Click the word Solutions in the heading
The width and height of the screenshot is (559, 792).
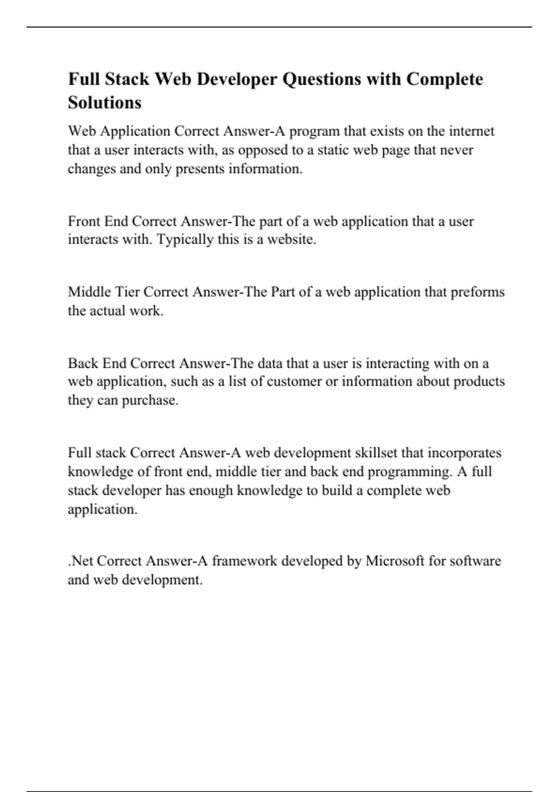(x=105, y=102)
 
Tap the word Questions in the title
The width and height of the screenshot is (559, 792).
(x=322, y=80)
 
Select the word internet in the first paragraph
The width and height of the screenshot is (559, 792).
(x=471, y=131)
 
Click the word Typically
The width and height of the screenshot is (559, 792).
(x=185, y=240)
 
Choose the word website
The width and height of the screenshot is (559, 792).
(x=292, y=240)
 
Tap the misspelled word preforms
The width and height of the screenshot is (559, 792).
(x=477, y=292)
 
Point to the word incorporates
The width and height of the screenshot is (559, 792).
(x=464, y=453)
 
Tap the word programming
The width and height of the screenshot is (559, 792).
(x=409, y=472)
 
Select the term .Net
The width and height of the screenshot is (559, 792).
(x=81, y=561)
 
